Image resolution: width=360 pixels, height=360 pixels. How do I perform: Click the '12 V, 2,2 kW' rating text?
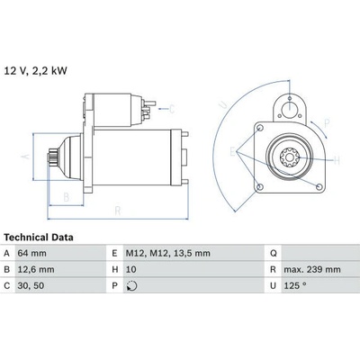(35, 71)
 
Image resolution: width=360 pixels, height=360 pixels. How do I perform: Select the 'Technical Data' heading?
(39, 238)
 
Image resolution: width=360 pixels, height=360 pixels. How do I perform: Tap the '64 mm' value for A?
(32, 253)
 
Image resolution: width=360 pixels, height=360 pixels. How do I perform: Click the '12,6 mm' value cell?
(36, 269)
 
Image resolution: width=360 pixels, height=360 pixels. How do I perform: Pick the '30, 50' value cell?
(31, 285)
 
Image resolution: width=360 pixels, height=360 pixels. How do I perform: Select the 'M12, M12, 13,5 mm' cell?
(167, 253)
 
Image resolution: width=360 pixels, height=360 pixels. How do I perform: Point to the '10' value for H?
(131, 269)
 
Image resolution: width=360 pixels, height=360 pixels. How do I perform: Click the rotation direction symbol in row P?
(131, 286)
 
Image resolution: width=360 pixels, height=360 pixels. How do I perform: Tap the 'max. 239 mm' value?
(312, 269)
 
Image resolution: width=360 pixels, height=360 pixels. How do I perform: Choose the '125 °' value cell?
(295, 285)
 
